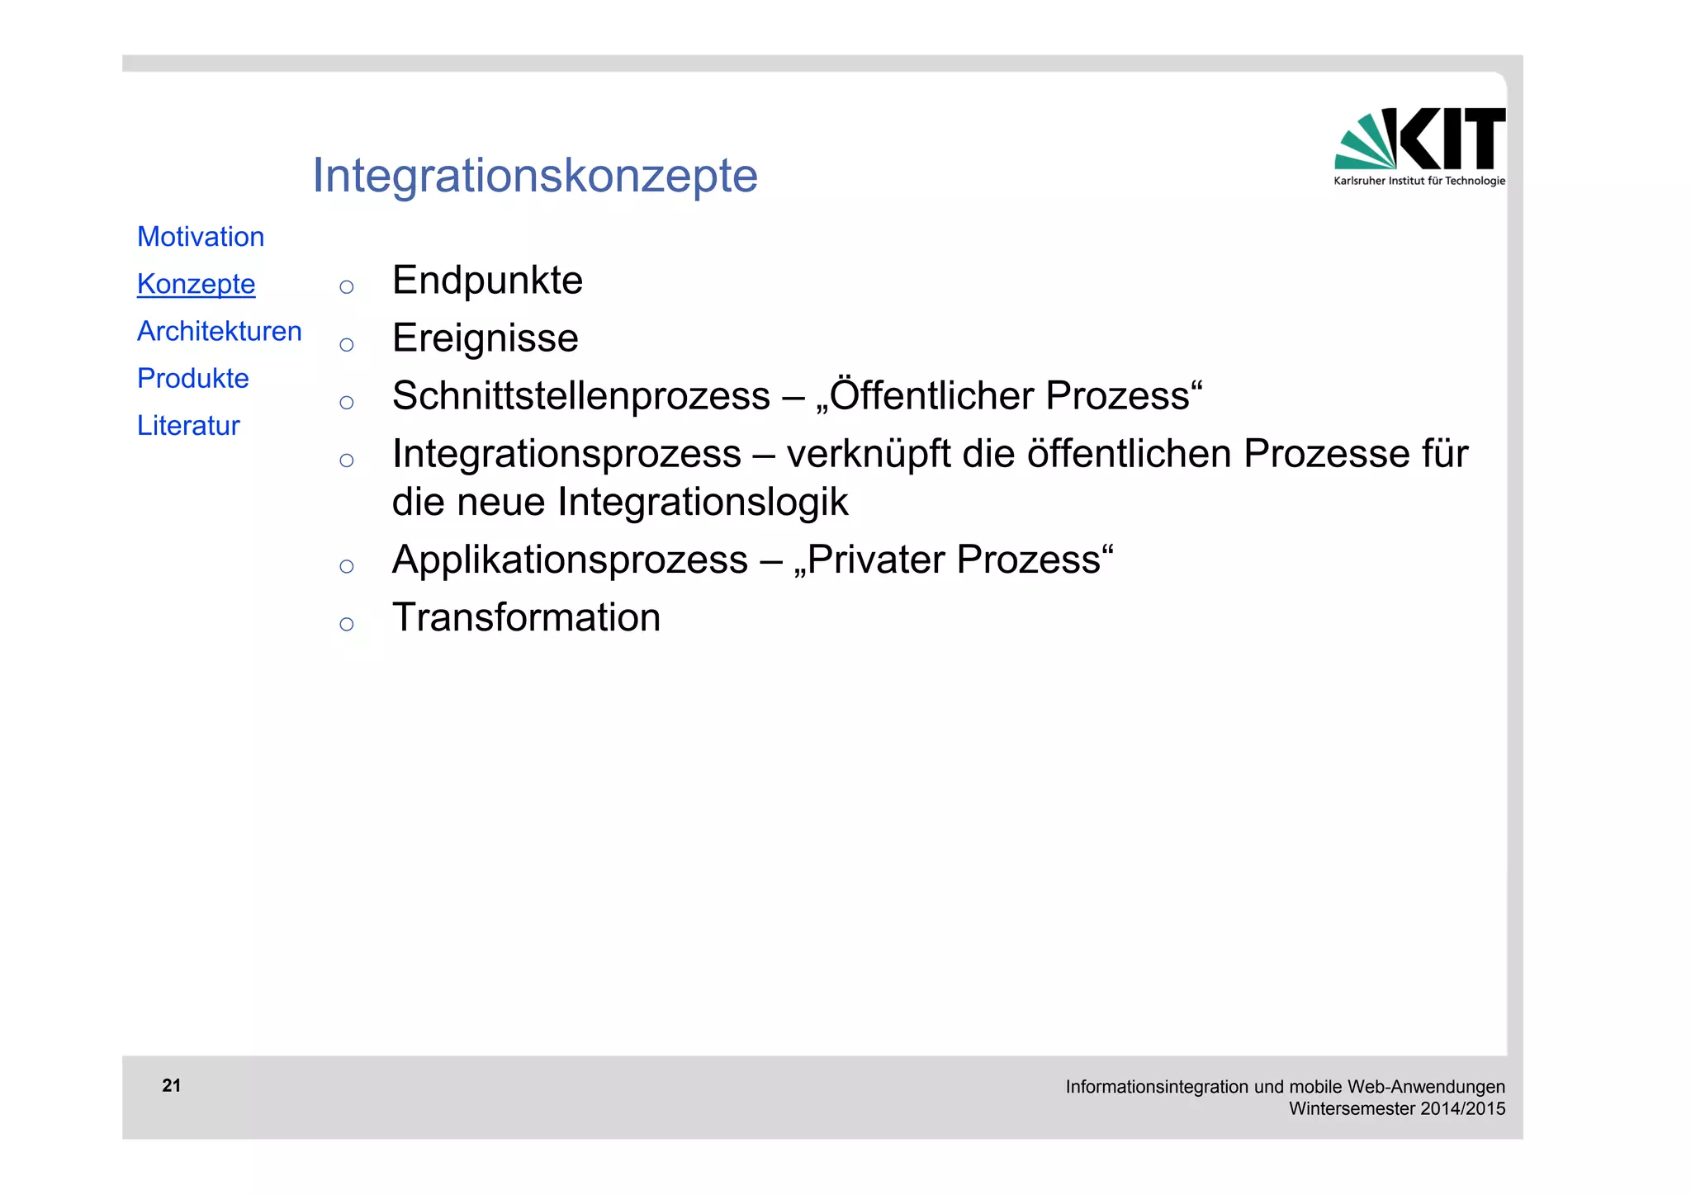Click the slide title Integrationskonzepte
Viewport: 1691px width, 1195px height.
(x=534, y=176)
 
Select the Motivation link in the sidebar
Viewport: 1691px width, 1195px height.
(x=201, y=237)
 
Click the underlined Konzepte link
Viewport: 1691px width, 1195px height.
(x=197, y=284)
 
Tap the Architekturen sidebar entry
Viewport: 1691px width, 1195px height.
(x=220, y=331)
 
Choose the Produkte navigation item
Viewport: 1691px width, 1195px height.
(x=193, y=378)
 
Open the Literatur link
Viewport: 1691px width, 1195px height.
(x=188, y=425)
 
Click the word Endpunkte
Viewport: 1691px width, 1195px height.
(x=487, y=281)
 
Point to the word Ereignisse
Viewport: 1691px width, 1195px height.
(x=486, y=338)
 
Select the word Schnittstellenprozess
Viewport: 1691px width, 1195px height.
(x=580, y=396)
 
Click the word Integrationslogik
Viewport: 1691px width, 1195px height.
(x=703, y=502)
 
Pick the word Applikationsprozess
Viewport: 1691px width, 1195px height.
(x=570, y=560)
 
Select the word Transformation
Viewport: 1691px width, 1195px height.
(x=526, y=618)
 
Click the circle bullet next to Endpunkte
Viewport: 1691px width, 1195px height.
(x=347, y=287)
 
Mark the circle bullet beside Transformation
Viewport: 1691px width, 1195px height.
(x=347, y=624)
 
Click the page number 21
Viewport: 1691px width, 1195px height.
(x=172, y=1085)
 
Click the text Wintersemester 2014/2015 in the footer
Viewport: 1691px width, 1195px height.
(x=1397, y=1108)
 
